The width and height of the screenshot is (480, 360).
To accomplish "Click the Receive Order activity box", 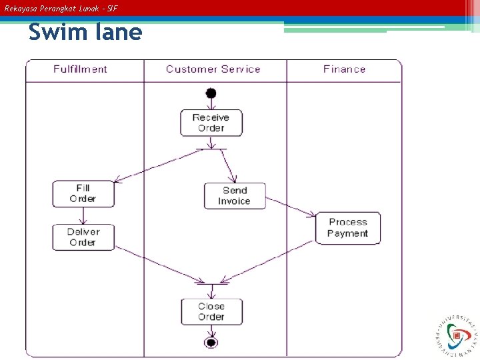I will pyautogui.click(x=211, y=123).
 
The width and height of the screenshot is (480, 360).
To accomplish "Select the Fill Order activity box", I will pyautogui.click(x=83, y=194).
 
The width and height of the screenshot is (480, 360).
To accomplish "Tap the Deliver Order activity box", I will pyautogui.click(x=83, y=237).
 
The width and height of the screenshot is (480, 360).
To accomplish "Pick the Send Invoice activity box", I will pyautogui.click(x=235, y=196).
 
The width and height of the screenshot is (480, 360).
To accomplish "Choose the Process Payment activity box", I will pyautogui.click(x=347, y=228).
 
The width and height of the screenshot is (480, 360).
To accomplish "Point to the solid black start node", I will pyautogui.click(x=211, y=93).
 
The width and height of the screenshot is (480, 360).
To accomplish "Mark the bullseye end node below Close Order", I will pyautogui.click(x=211, y=343).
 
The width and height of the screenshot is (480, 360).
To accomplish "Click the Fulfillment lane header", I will pyautogui.click(x=81, y=69).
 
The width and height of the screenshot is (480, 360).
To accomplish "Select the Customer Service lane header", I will pyautogui.click(x=213, y=69).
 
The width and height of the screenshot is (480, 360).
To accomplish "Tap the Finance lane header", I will pyautogui.click(x=345, y=69).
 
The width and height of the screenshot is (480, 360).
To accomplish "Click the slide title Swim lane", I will pyautogui.click(x=85, y=32).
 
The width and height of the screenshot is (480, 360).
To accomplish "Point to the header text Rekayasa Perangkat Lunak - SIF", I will pyautogui.click(x=61, y=9).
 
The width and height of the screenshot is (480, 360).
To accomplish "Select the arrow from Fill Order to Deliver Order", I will pyautogui.click(x=83, y=215).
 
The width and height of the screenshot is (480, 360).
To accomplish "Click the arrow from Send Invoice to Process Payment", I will pyautogui.click(x=291, y=207).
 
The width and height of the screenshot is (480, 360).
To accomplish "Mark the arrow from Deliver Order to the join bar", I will pyautogui.click(x=160, y=264).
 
